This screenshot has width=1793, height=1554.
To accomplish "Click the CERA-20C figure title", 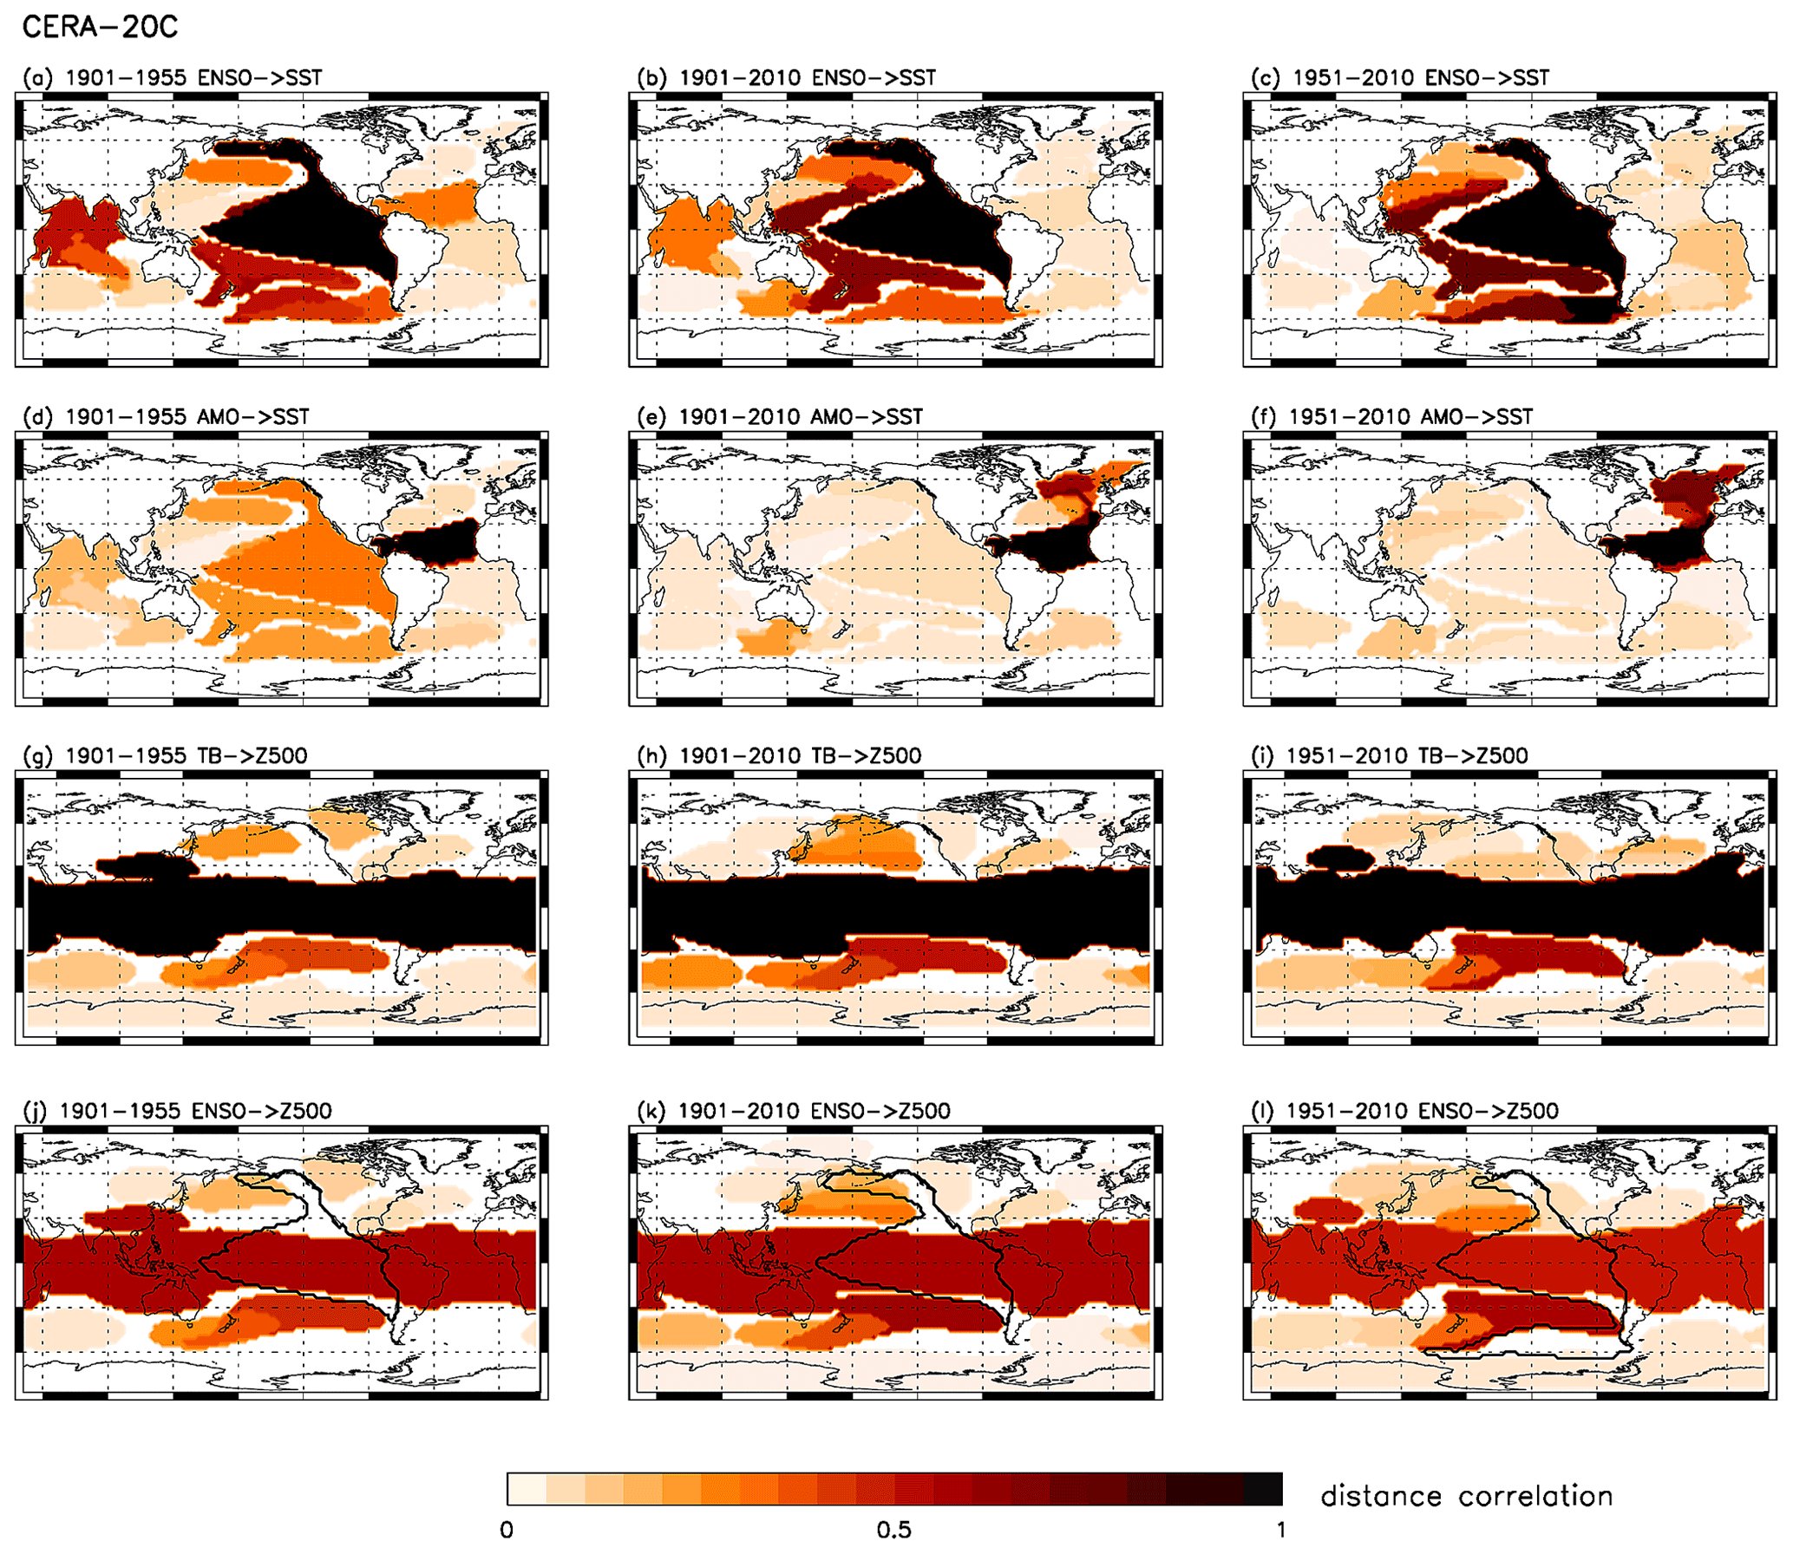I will tap(100, 27).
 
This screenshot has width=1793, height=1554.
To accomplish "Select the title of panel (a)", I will tap(173, 78).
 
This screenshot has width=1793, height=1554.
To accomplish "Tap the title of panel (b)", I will tap(786, 78).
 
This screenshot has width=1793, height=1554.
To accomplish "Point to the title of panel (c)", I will tap(1400, 78).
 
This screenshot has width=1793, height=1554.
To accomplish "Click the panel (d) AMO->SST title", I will tap(166, 417).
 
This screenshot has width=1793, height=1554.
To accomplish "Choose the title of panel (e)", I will tap(779, 417).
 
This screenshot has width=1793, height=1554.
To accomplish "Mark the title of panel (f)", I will tap(1391, 417).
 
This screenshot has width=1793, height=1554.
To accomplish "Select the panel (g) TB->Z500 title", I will tap(165, 755).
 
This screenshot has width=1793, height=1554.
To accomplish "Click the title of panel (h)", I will tap(779, 755).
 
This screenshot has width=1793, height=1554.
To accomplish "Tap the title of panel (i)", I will tap(1390, 755).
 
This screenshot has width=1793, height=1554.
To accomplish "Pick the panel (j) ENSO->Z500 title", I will tap(177, 1111).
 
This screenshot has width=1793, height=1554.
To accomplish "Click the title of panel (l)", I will tap(1404, 1111).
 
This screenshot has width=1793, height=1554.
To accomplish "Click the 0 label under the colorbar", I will tap(507, 1530).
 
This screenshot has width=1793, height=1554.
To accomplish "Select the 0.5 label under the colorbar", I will tap(893, 1530).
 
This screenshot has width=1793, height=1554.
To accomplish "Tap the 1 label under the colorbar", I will tap(1281, 1530).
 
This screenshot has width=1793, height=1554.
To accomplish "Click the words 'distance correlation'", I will tap(1466, 1497).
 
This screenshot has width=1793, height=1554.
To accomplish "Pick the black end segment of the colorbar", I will tap(1263, 1489).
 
